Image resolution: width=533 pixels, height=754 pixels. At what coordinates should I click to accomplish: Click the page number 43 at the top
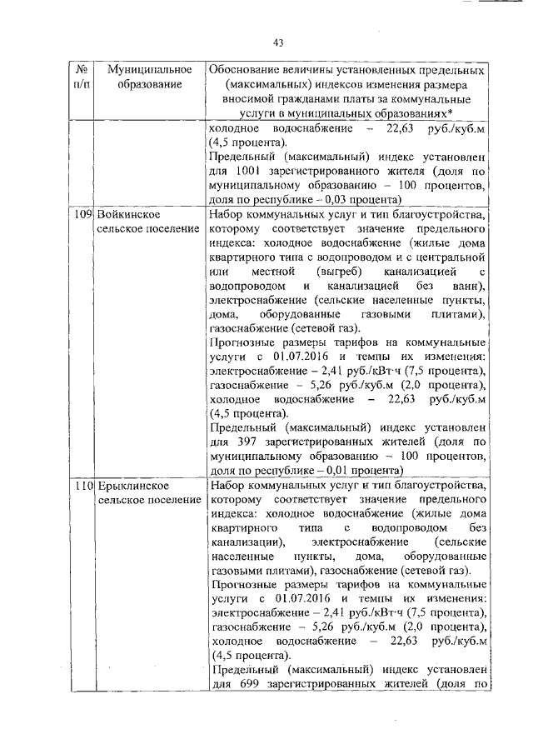[279, 43]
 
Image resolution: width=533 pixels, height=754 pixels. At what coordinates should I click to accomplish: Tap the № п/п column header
[82, 76]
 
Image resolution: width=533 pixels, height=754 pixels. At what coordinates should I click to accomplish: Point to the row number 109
[82, 214]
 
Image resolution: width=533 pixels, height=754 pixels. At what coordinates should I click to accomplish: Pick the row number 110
[82, 484]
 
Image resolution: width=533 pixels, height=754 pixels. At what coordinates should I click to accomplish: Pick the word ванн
[470, 287]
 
